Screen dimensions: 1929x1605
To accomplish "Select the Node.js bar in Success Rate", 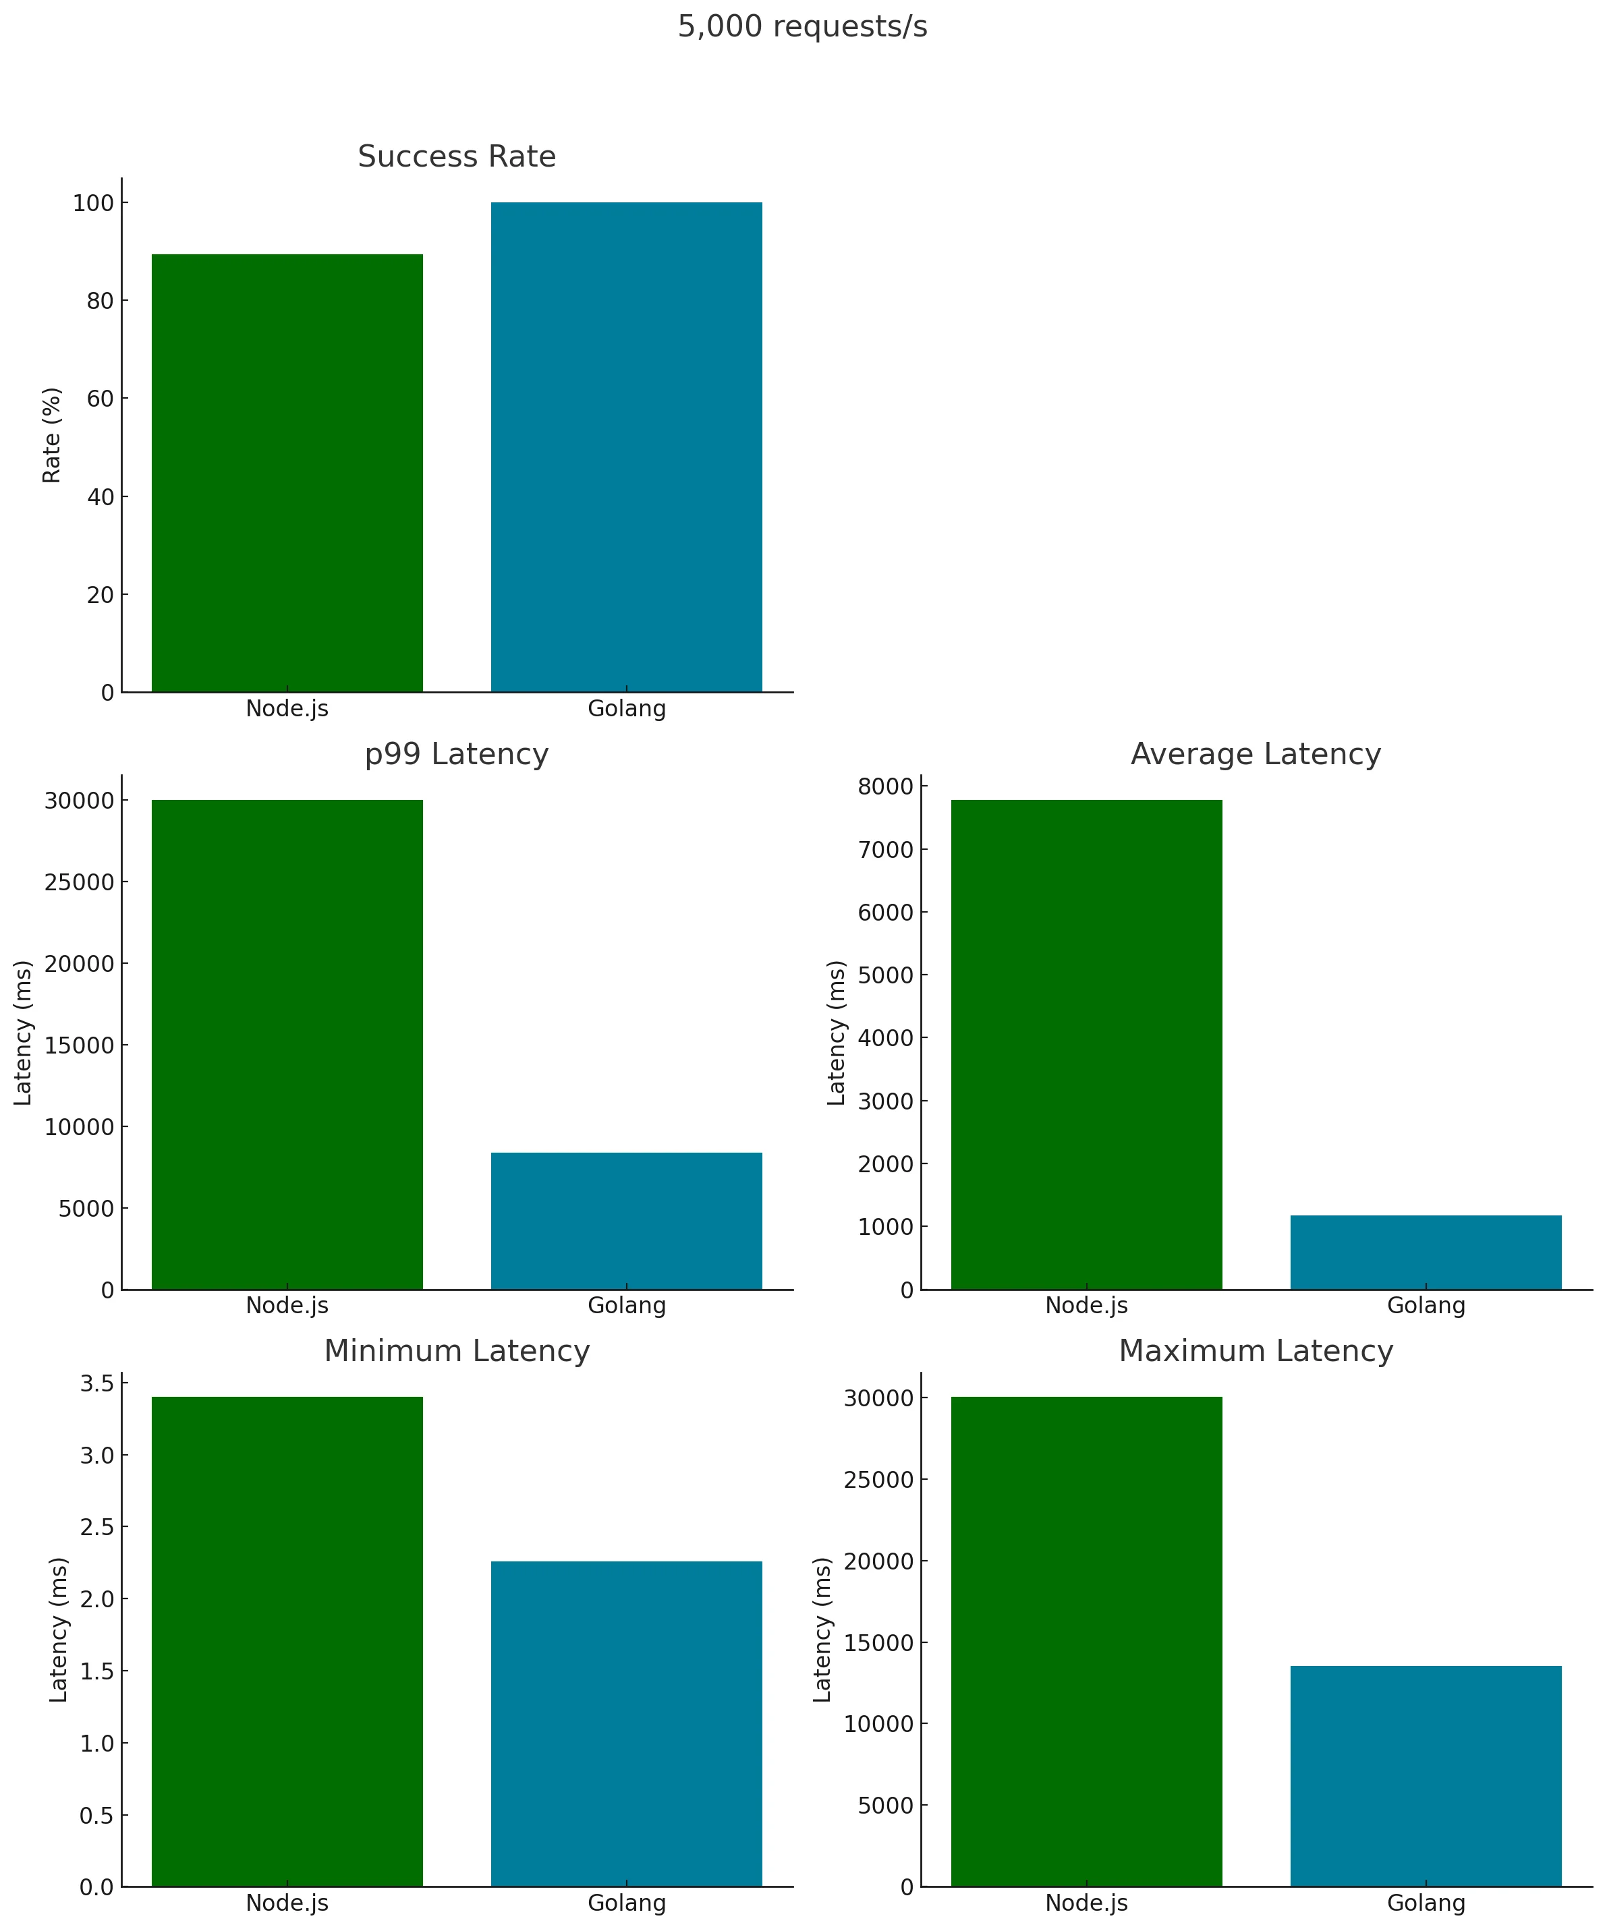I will coord(287,472).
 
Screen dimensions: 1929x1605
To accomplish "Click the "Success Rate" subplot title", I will coord(457,157).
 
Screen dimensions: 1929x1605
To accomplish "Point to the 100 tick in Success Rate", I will coord(93,203).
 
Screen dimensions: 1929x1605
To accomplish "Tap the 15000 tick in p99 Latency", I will coord(79,1045).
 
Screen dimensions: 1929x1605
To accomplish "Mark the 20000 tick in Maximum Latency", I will coord(878,1561).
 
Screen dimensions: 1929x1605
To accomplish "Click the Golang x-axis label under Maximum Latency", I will coord(1425,1903).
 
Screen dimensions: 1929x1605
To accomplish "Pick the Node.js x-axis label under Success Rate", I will coord(287,709).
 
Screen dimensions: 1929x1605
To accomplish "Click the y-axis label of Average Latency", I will coord(836,1033).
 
